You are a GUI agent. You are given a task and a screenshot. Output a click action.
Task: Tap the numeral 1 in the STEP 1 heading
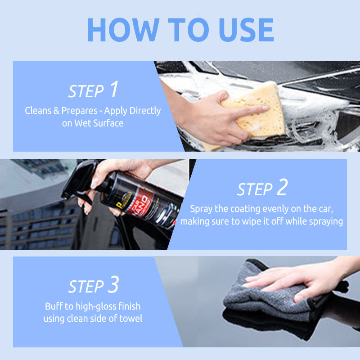click(x=113, y=90)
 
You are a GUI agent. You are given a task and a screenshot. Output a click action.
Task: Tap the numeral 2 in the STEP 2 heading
click(x=282, y=188)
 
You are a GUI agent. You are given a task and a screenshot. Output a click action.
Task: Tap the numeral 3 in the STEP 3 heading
click(x=113, y=285)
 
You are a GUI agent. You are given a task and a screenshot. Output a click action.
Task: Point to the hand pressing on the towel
click(x=306, y=279)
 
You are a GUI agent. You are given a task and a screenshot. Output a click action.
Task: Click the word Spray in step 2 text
click(x=201, y=209)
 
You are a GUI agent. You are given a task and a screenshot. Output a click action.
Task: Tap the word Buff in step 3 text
click(x=53, y=306)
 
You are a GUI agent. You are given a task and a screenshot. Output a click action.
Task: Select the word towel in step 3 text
click(x=130, y=319)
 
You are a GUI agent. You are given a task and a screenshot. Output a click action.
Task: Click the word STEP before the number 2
click(x=255, y=189)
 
